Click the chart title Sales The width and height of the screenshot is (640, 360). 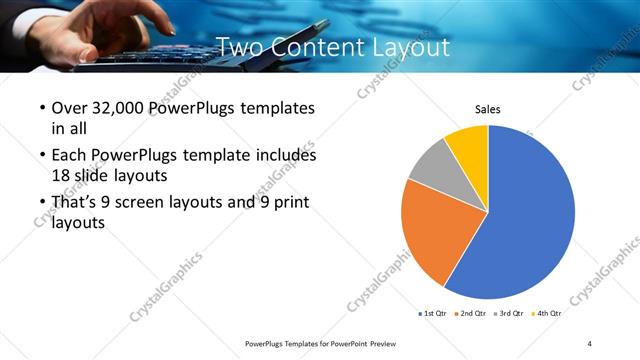487,110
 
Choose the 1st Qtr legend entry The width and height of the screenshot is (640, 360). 434,313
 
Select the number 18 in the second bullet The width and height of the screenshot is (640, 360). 60,175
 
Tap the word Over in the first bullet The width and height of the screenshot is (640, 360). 69,108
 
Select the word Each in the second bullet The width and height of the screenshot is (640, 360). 69,156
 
